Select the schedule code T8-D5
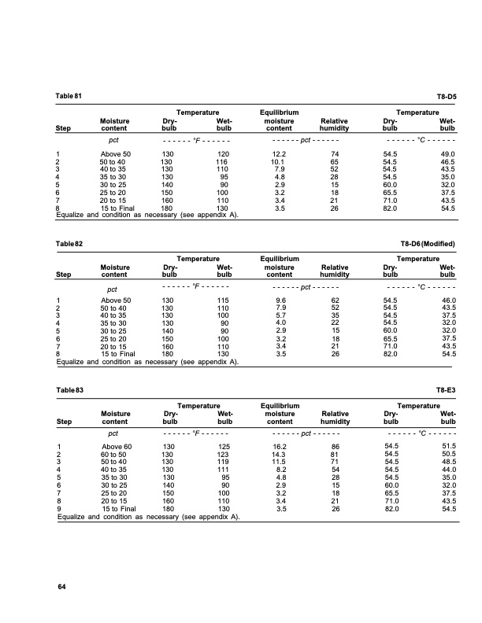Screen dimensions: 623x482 (x=447, y=96)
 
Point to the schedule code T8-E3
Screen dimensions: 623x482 (x=447, y=390)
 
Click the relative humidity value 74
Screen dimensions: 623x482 (x=335, y=153)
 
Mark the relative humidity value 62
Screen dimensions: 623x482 (x=335, y=300)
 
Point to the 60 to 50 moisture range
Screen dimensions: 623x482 (x=116, y=455)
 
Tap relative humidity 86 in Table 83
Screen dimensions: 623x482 (x=335, y=447)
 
